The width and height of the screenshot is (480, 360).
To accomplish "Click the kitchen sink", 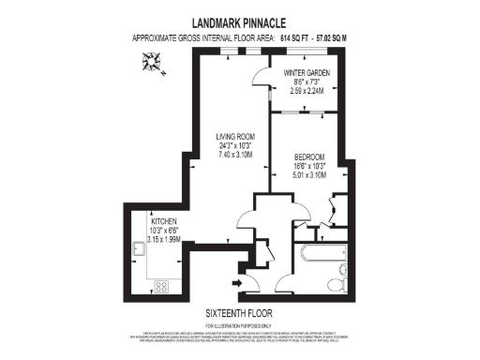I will [138, 248].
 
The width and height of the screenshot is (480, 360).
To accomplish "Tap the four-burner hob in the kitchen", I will [160, 287].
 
